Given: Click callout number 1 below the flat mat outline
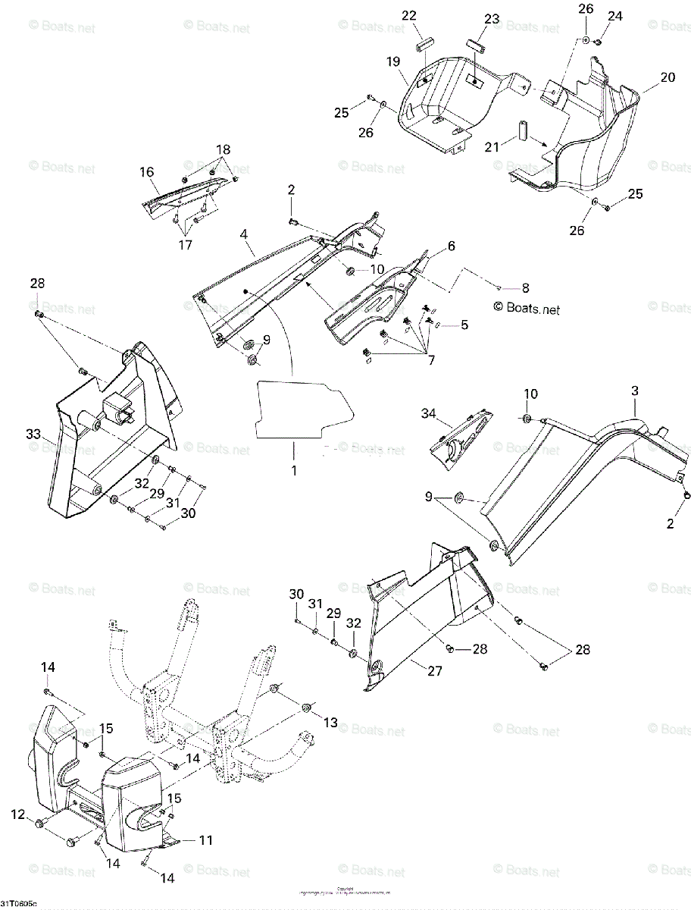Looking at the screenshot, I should pos(293,470).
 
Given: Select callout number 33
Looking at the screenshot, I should pos(32,435).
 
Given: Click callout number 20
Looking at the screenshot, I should pos(667,77).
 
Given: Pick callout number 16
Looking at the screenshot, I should pos(145,173).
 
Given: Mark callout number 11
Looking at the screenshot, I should pos(205,840).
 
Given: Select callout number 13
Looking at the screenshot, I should pos(330,723).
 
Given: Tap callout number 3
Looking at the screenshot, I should pos(634,391).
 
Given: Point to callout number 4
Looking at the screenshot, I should pos(244,234).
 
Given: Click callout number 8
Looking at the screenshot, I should pos(525,287).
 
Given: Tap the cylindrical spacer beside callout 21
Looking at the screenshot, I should pos(523,131).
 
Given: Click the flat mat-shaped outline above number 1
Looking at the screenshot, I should pos(303,409).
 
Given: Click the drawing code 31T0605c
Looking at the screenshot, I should pos(19,904).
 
